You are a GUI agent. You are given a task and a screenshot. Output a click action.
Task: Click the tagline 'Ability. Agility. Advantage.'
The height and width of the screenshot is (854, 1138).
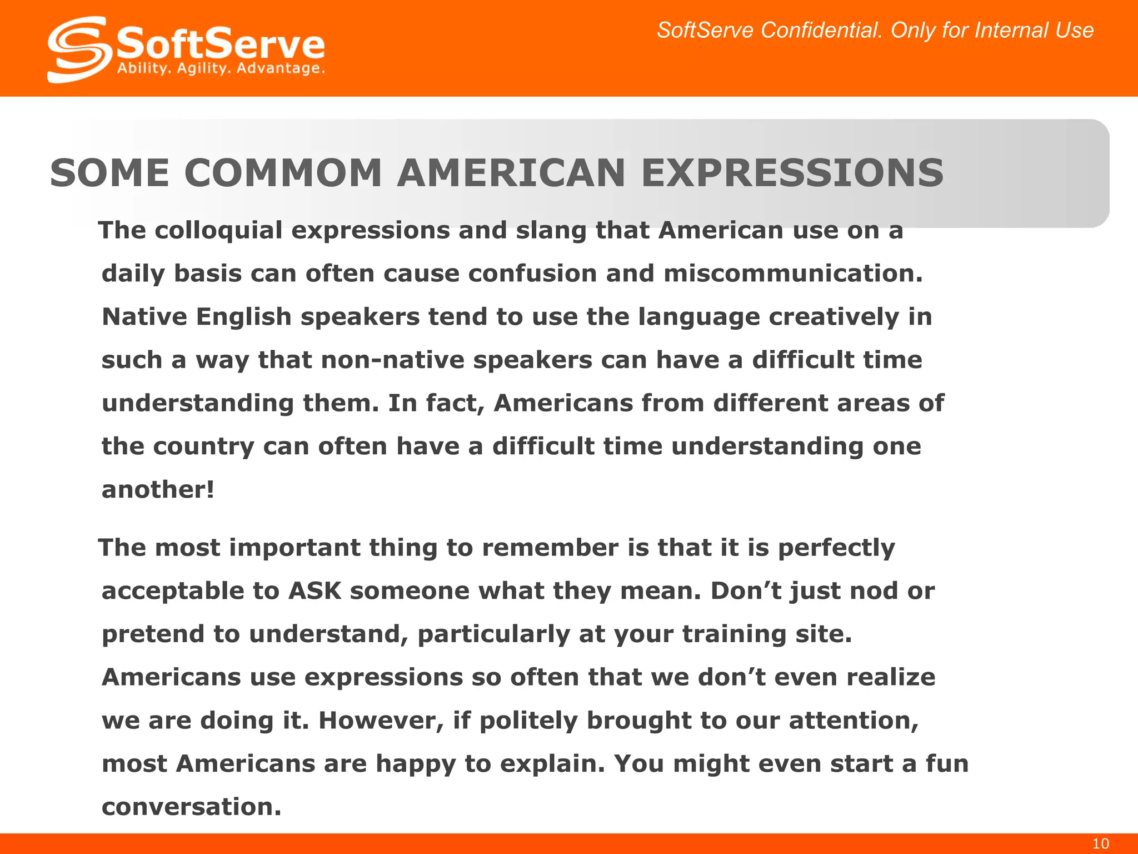click(221, 69)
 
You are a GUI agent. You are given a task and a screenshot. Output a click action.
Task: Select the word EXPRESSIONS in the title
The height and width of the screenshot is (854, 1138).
click(792, 173)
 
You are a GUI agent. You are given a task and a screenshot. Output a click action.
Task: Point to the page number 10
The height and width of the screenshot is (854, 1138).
click(1100, 844)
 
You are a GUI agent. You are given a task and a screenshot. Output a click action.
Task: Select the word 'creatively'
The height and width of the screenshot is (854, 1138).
click(833, 317)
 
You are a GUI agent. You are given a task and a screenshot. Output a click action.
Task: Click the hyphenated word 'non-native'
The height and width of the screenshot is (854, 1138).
click(392, 360)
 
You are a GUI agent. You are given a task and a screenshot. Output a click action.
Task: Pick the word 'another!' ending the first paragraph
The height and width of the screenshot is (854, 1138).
click(158, 489)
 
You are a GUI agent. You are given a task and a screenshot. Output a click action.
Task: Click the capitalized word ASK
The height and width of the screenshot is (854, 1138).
click(315, 590)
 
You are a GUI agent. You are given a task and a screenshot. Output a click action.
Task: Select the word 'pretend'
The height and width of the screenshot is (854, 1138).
click(153, 634)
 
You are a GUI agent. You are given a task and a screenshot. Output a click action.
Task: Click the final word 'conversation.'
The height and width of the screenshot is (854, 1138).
click(192, 807)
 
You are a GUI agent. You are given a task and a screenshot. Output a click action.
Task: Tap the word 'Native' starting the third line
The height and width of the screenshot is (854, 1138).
click(144, 317)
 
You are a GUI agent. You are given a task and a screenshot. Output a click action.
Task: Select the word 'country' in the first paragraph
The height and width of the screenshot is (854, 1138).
click(203, 446)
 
